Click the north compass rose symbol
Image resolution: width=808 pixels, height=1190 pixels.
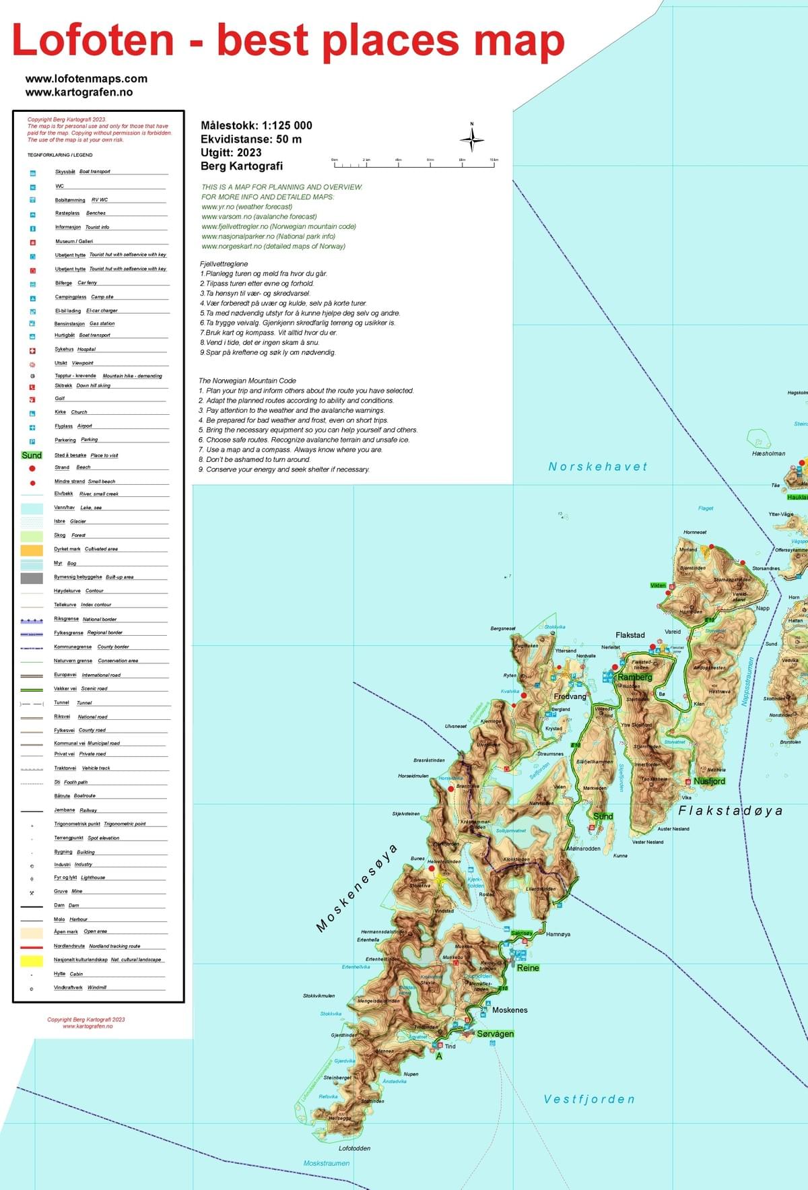[x=472, y=138]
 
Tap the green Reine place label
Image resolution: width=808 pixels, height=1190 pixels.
[x=528, y=968]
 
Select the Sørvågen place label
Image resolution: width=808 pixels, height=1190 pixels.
[x=496, y=1034]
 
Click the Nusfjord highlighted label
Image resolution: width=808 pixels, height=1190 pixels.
[x=709, y=781]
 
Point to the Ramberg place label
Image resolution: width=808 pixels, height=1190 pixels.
[x=635, y=677]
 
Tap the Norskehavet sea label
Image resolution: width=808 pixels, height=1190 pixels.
[x=597, y=467]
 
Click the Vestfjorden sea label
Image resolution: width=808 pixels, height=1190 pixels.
[x=589, y=1099]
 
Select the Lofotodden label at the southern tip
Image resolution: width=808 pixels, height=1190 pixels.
[x=354, y=1148]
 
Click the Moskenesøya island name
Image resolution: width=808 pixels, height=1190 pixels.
[x=357, y=888]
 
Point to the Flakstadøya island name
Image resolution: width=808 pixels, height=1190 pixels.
[x=730, y=811]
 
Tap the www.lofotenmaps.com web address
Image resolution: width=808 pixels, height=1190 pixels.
[x=86, y=79]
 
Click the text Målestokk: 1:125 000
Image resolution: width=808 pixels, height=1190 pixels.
[x=257, y=125]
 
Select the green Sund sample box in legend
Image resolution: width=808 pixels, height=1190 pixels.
[x=32, y=455]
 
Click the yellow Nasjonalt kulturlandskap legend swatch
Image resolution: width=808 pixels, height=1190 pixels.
[x=32, y=961]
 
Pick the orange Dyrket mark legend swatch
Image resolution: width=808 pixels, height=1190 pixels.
[x=32, y=550]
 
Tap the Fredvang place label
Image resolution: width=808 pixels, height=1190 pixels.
[x=570, y=696]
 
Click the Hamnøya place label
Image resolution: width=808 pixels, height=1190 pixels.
[x=558, y=934]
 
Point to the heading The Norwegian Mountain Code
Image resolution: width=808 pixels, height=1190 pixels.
[x=247, y=381]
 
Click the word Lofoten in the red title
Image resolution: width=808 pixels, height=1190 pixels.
[x=93, y=40]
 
